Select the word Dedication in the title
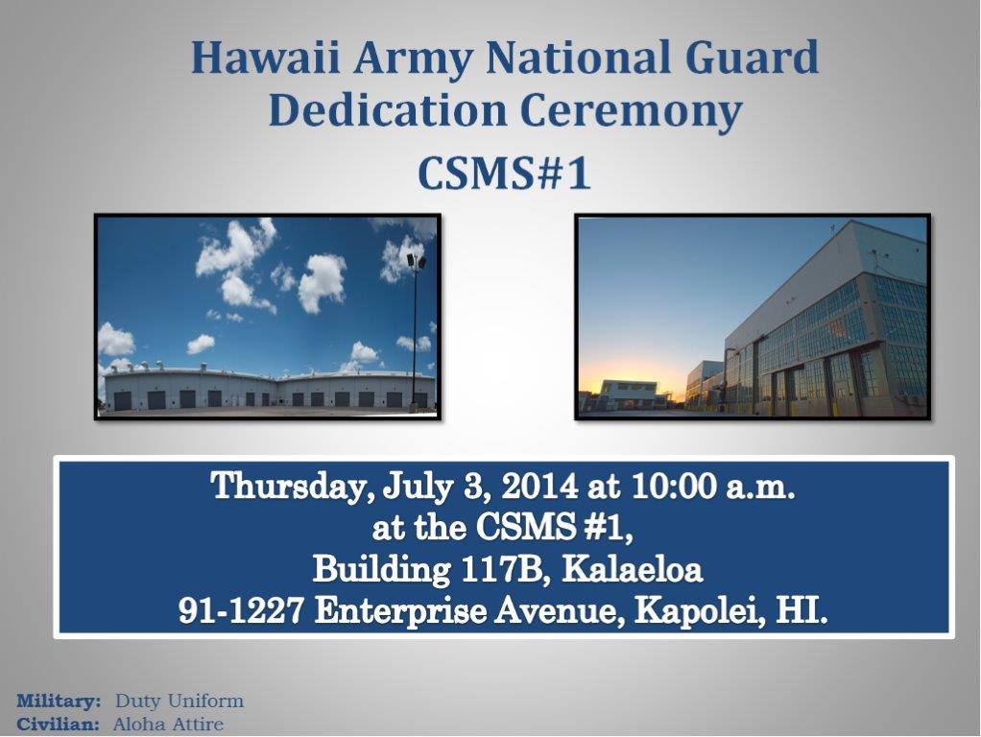[x=387, y=110]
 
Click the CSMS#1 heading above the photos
[x=504, y=173]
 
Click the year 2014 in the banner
[x=539, y=486]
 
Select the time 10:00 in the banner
[x=673, y=486]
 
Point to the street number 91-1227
[x=241, y=610]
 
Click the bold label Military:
[x=59, y=701]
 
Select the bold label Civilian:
[x=59, y=725]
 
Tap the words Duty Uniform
[x=179, y=701]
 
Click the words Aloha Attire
[x=168, y=725]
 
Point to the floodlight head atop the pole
[x=416, y=260]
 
